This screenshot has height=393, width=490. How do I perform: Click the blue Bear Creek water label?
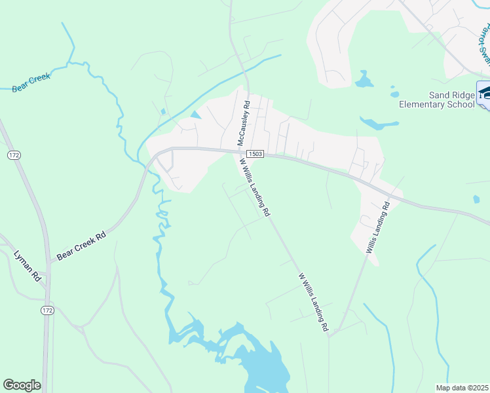tap(31, 83)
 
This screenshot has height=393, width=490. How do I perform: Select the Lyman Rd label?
tap(26, 266)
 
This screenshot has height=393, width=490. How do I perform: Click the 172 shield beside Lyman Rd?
tap(47, 310)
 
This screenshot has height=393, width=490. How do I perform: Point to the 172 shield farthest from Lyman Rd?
tap(14, 155)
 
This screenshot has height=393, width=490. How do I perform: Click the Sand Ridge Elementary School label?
tap(437, 100)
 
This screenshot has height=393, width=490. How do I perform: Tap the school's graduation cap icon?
tap(484, 91)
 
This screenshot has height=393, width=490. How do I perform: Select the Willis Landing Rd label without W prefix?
tap(378, 227)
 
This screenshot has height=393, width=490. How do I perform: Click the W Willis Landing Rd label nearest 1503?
tap(254, 187)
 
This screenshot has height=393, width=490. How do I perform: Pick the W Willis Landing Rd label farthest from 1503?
tap(313, 303)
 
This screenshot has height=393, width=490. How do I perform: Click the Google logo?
tap(22, 385)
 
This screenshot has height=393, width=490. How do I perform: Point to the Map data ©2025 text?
tap(462, 388)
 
